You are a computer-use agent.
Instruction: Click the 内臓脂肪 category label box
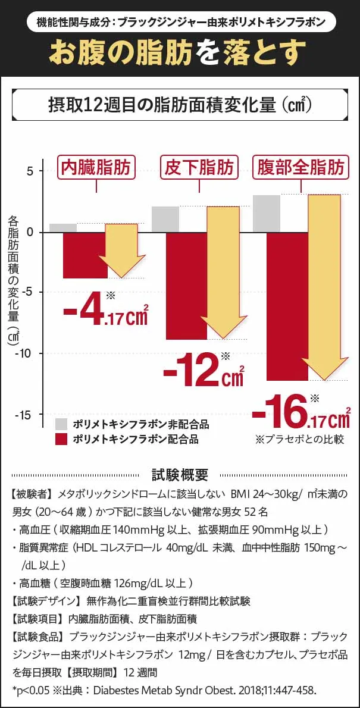click(96, 167)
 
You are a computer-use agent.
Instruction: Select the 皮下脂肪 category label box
click(199, 167)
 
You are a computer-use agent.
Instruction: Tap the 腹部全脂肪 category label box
click(300, 167)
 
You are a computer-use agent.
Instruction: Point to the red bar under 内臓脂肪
click(84, 255)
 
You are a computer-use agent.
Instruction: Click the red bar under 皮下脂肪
click(186, 286)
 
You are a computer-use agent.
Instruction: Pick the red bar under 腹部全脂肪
click(287, 306)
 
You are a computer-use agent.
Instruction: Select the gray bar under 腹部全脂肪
click(266, 213)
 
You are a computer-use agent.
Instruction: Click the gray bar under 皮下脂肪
click(165, 219)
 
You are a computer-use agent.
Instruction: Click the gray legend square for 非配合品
click(60, 424)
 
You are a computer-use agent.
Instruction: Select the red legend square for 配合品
click(60, 440)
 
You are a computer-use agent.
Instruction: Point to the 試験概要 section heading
click(180, 474)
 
